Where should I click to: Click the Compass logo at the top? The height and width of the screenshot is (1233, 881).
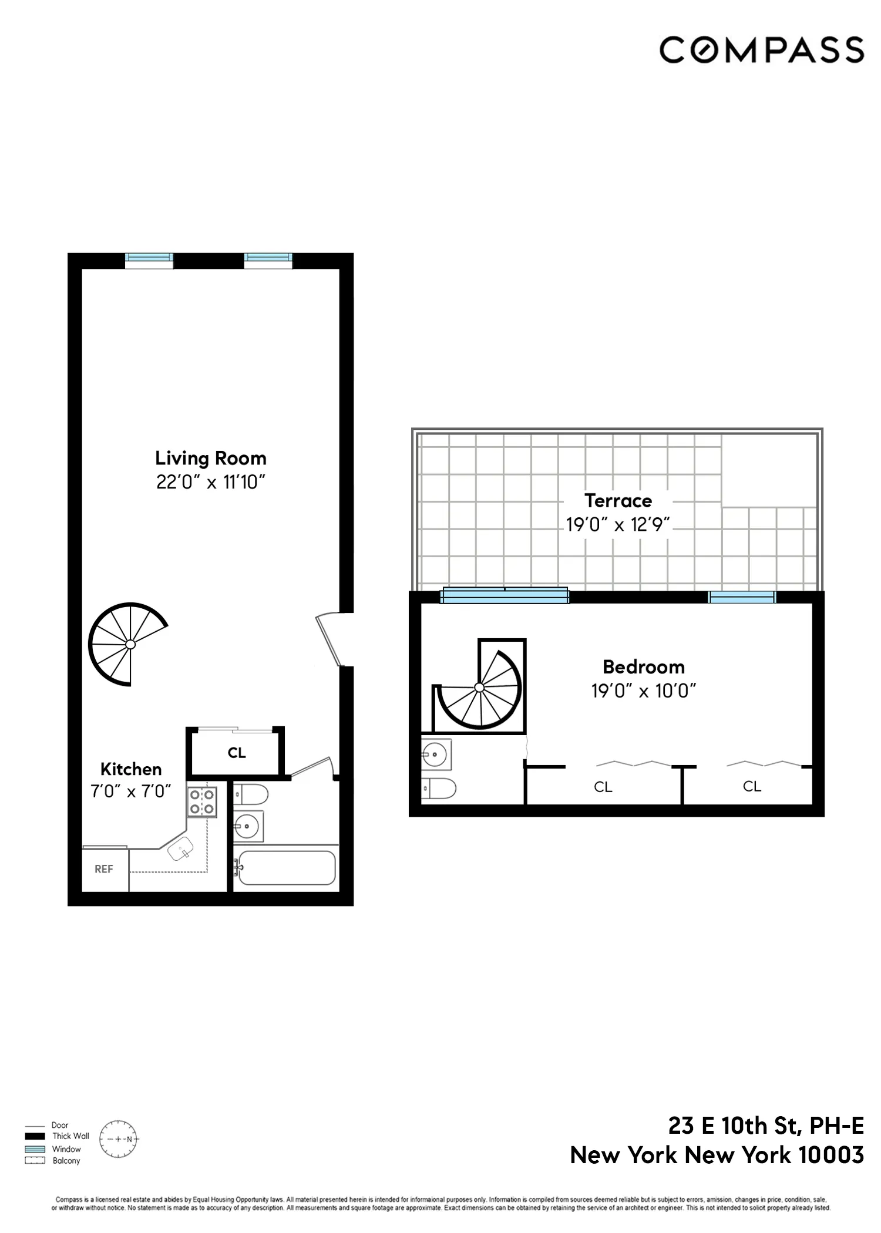coord(761,49)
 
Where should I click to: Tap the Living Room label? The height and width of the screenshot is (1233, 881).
coord(210,458)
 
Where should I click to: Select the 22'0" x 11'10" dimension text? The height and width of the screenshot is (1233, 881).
coord(210,482)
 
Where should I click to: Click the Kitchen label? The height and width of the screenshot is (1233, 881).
coord(130,769)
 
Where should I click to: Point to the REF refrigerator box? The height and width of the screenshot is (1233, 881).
coord(104,869)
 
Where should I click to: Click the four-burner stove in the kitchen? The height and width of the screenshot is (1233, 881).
coord(202,801)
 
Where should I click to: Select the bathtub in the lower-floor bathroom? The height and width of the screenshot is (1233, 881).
coord(286,868)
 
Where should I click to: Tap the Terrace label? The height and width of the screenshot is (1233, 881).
coord(618,500)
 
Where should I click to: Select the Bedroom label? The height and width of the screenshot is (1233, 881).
coord(644,666)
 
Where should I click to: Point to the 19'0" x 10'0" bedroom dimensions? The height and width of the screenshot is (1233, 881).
coord(644,690)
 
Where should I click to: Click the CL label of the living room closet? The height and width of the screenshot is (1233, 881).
coord(237,753)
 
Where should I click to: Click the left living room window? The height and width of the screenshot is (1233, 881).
coord(149,258)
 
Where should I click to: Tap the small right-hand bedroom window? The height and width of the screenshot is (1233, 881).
coord(742,597)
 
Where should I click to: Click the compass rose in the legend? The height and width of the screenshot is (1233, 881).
coord(119,1139)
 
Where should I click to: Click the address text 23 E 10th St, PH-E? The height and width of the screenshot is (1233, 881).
coord(766,1126)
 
